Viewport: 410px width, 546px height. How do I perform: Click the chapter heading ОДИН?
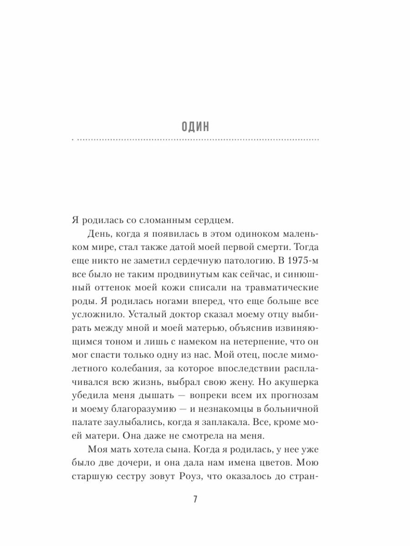coord(195,126)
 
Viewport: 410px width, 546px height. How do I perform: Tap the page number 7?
coord(195,500)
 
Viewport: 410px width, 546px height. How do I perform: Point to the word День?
coord(96,234)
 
